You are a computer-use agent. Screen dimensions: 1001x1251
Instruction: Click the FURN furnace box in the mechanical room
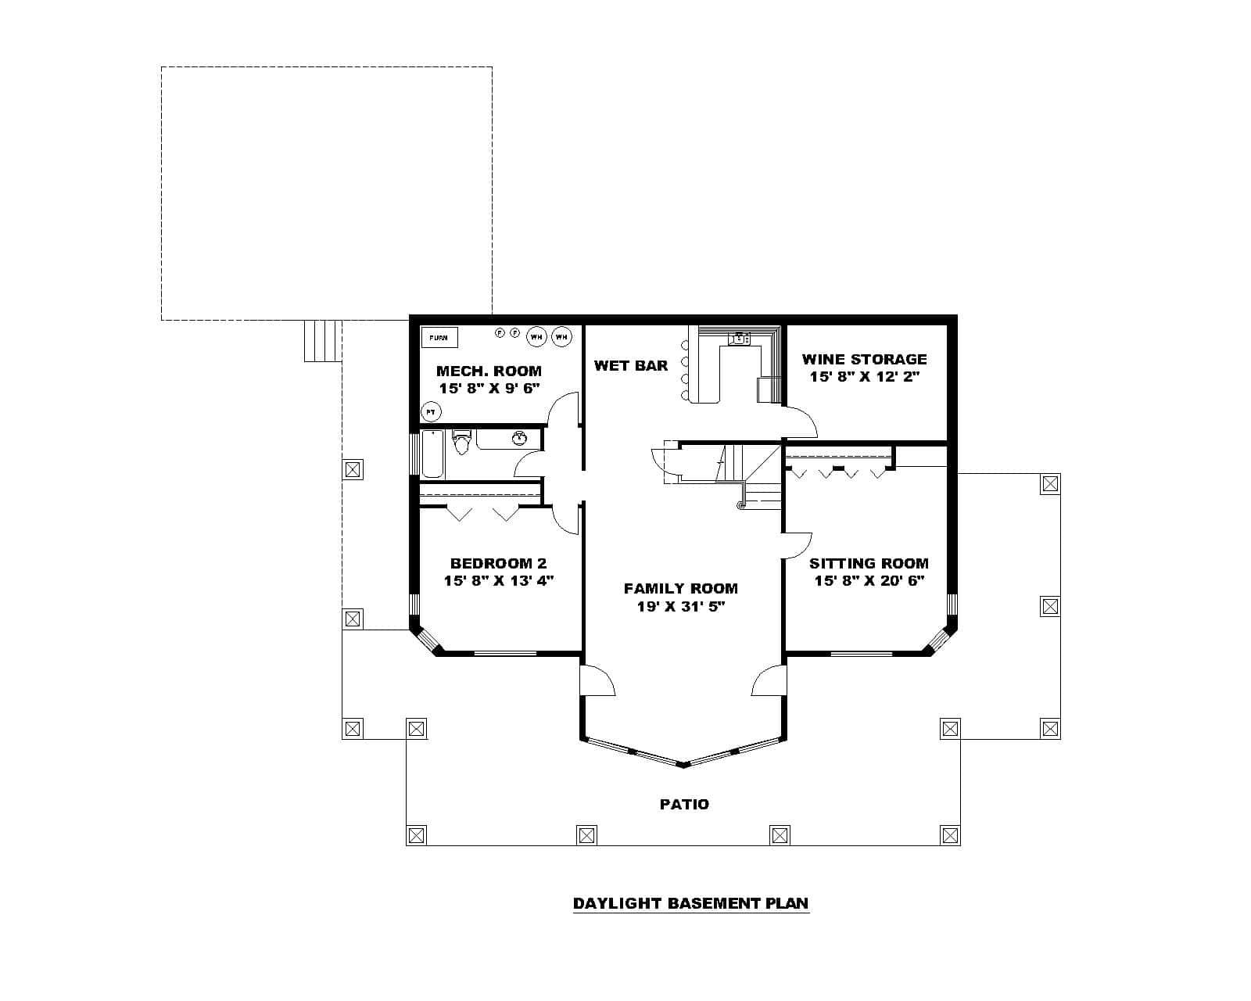[x=439, y=338]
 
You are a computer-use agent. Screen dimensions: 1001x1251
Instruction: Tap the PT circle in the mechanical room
[x=430, y=411]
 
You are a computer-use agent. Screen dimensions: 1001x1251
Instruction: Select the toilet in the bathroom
[x=461, y=442]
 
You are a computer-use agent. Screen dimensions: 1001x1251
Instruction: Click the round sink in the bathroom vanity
[x=519, y=438]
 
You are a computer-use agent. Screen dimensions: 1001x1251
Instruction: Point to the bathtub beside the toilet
[x=432, y=454]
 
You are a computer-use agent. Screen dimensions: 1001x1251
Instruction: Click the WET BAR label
[x=630, y=365]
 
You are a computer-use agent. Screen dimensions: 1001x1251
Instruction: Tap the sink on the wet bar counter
[x=739, y=339]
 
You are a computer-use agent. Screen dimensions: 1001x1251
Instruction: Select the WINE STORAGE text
[x=864, y=359]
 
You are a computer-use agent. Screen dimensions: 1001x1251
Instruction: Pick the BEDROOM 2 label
[x=498, y=563]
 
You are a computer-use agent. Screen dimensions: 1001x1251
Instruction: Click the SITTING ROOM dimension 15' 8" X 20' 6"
[x=869, y=580]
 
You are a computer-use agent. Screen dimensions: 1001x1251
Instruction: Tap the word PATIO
[x=684, y=804]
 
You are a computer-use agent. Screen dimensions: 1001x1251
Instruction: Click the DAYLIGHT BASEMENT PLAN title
[x=690, y=903]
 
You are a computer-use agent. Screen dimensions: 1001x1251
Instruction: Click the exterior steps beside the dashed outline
[x=322, y=340]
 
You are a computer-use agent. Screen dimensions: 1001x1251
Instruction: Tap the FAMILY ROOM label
[x=680, y=588]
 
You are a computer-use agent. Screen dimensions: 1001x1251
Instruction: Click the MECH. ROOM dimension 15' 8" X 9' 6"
[x=489, y=388]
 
